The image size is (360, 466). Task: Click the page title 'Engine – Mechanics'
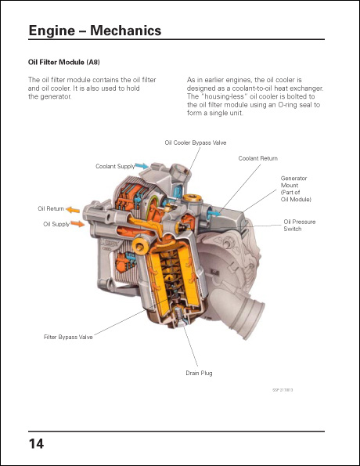click(94, 31)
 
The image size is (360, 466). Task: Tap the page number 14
click(36, 444)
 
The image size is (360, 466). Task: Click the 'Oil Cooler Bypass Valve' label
click(196, 143)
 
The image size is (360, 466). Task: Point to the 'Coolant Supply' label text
click(114, 166)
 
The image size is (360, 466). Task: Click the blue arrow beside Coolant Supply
click(142, 166)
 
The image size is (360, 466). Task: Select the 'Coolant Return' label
click(257, 158)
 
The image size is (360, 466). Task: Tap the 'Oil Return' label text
click(51, 209)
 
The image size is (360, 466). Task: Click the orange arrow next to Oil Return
click(72, 209)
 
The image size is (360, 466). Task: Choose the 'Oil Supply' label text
click(56, 224)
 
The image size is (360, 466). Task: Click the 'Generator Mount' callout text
click(293, 189)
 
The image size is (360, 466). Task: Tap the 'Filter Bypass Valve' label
click(68, 337)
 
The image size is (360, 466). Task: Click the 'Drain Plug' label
click(199, 373)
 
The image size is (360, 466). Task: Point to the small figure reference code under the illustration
click(283, 388)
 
